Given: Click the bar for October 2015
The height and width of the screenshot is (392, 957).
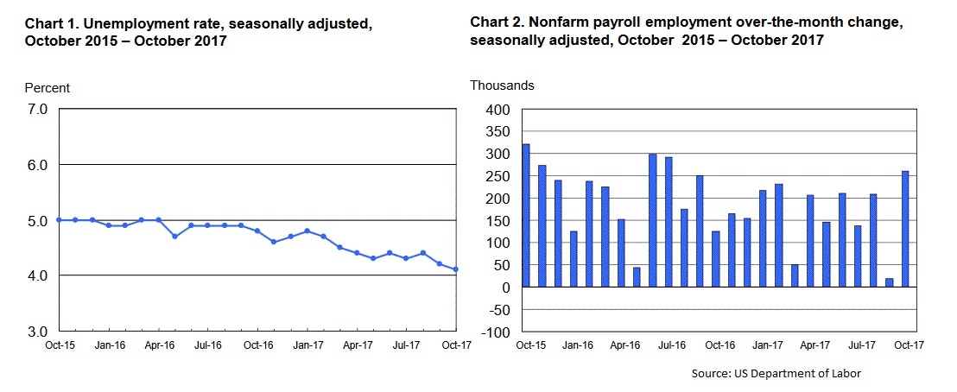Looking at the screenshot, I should point(525,216).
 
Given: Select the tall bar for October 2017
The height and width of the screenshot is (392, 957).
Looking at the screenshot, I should point(905,229).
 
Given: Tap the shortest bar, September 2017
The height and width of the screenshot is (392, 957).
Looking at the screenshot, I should point(889,282).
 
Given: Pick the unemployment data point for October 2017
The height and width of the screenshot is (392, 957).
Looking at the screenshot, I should point(456,269).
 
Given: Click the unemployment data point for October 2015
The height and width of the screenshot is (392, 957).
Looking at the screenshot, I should point(59,219).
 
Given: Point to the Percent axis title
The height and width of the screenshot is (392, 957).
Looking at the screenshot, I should point(48,88).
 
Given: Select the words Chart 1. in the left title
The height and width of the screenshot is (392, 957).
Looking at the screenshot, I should point(48,23).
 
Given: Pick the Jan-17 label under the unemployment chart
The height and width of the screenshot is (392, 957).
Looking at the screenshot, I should point(307,345).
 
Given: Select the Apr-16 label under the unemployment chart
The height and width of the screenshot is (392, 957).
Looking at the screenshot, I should point(158,345).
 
